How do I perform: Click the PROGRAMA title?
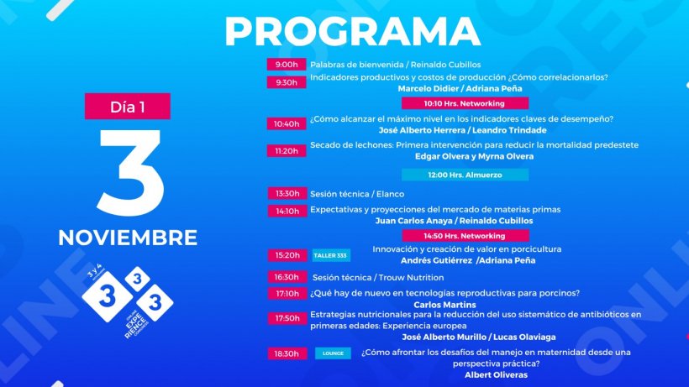(352, 32)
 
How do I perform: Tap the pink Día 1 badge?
(128, 106)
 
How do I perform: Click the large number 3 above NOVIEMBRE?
(130, 172)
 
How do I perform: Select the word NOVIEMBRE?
(128, 238)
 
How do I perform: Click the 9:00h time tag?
(287, 65)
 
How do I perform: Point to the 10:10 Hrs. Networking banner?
(465, 103)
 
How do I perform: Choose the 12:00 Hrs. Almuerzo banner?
(465, 175)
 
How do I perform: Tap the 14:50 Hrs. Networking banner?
(465, 236)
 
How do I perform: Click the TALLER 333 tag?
(331, 255)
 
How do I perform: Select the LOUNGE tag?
(333, 353)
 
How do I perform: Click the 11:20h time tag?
(287, 151)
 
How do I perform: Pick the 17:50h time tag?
(287, 318)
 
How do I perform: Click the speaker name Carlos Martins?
(444, 305)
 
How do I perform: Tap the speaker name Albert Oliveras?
(496, 374)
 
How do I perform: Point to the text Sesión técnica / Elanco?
(357, 194)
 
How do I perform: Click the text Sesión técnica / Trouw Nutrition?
(378, 277)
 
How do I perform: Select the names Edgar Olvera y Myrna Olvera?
(474, 156)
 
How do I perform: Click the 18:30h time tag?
(287, 353)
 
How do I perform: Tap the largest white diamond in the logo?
(108, 296)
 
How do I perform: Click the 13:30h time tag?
(287, 193)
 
